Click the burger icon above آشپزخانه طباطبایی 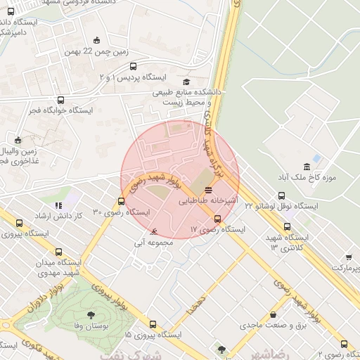tap(207, 191)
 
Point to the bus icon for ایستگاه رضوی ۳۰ tap(121, 202)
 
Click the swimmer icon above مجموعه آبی tap(154, 231)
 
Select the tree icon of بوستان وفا tap(91, 315)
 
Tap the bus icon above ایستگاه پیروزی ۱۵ tap(153, 324)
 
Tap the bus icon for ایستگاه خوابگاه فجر tap(61, 101)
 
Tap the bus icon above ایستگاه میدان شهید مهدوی tap(58, 252)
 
